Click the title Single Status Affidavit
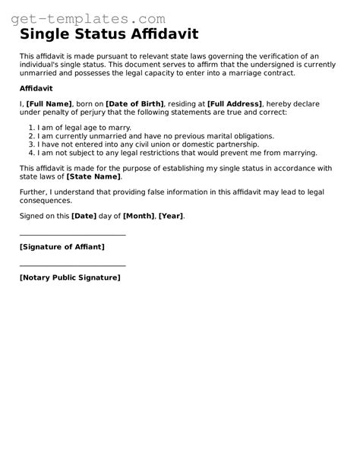(109, 35)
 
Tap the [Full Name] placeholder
(49, 103)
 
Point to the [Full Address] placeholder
(232, 103)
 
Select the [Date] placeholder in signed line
(84, 216)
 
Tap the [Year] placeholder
(172, 216)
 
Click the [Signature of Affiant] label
(62, 247)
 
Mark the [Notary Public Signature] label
(70, 277)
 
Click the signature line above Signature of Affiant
(72, 235)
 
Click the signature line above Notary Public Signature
(72, 265)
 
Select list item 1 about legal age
(84, 127)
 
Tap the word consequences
(46, 201)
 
